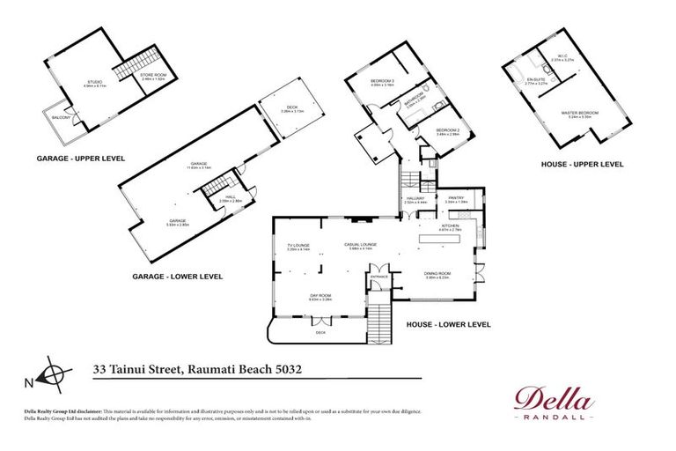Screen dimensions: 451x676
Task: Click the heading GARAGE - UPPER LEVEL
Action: pos(81,159)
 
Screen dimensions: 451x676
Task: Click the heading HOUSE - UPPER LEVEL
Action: pos(585,164)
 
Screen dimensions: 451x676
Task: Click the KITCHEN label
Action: pos(451,226)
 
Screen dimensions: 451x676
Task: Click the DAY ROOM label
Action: pos(319,296)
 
